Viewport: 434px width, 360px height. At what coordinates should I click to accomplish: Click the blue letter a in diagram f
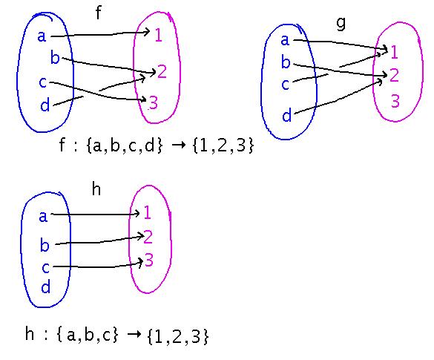[42, 36]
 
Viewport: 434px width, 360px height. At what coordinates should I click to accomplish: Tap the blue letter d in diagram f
[45, 105]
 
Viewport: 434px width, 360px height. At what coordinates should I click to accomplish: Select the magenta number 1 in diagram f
[159, 34]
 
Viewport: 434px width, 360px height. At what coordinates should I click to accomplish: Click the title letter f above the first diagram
[99, 13]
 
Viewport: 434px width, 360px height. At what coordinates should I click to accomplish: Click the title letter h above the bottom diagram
[96, 189]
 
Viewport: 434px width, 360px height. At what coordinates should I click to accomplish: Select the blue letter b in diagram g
[286, 62]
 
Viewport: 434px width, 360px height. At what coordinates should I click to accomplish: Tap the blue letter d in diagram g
[286, 115]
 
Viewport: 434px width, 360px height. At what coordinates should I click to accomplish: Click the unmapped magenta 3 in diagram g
[395, 102]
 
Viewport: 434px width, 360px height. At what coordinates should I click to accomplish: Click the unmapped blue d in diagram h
[45, 287]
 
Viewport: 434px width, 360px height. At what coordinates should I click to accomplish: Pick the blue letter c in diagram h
[45, 266]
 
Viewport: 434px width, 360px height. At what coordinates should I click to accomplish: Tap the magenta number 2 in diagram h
[148, 237]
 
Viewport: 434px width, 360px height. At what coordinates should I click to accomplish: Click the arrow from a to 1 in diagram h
[97, 215]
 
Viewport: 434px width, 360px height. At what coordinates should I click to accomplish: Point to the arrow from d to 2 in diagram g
[341, 97]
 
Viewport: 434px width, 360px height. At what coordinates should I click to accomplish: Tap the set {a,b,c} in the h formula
[86, 336]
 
